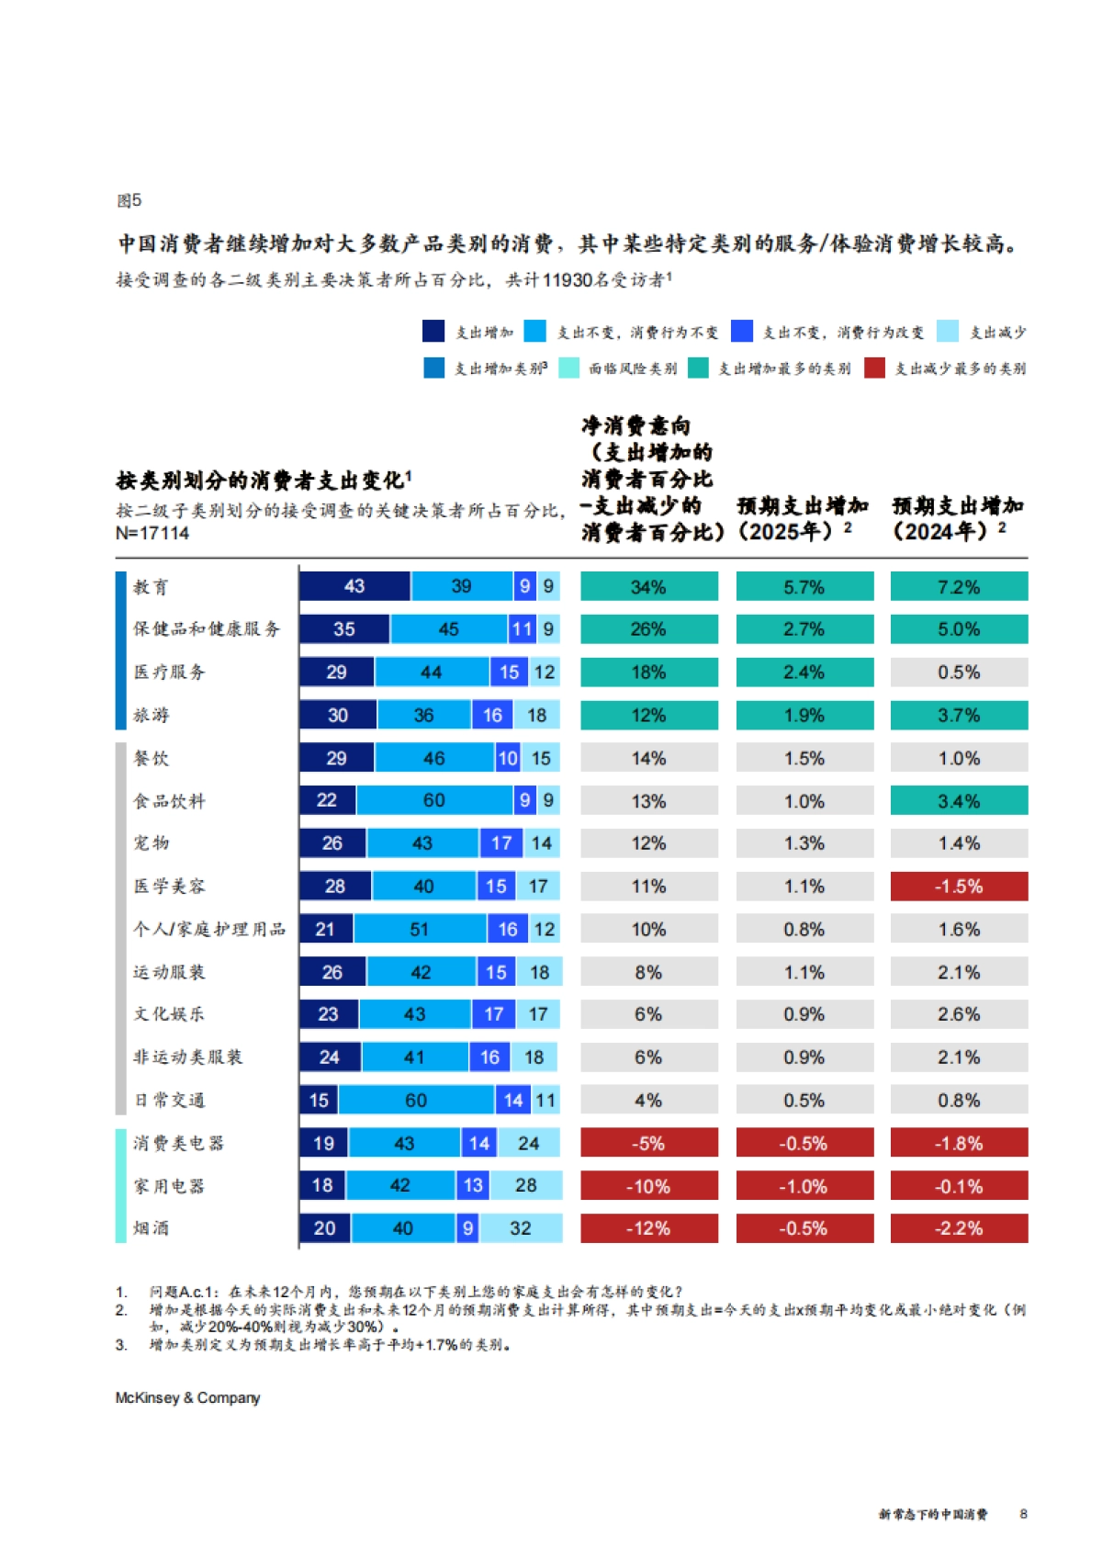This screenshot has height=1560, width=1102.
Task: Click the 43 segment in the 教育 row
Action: pyautogui.click(x=354, y=586)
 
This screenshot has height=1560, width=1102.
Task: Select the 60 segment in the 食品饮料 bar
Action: pyautogui.click(x=434, y=800)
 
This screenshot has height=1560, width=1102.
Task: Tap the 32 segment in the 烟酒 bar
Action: pyautogui.click(x=521, y=1228)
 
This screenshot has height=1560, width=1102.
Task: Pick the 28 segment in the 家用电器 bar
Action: pyautogui.click(x=525, y=1185)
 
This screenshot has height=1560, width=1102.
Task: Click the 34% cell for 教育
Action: pyautogui.click(x=648, y=586)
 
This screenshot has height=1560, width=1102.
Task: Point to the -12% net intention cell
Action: pyautogui.click(x=648, y=1228)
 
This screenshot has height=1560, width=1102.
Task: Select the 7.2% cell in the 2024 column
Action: pyautogui.click(x=959, y=586)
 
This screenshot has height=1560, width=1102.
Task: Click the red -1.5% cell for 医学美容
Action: pyautogui.click(x=959, y=887)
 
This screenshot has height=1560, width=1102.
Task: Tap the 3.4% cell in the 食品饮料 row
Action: pyautogui.click(x=959, y=800)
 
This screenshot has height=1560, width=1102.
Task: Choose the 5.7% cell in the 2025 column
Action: pyautogui.click(x=804, y=586)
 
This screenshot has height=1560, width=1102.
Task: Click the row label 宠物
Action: pyautogui.click(x=152, y=842)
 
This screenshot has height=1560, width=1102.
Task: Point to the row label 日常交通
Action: pyautogui.click(x=169, y=1100)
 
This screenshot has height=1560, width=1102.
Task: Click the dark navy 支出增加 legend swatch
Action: pyautogui.click(x=433, y=331)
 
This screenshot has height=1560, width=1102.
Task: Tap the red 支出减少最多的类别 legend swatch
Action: pyautogui.click(x=874, y=367)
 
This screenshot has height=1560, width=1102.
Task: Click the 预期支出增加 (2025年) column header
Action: pyautogui.click(x=803, y=518)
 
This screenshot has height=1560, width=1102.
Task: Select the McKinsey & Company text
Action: pyautogui.click(x=187, y=1397)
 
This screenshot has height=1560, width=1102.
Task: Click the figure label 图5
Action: pyautogui.click(x=129, y=200)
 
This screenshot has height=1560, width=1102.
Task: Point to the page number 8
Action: pyautogui.click(x=1023, y=1514)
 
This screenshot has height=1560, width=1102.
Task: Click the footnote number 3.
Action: pyautogui.click(x=120, y=1344)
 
